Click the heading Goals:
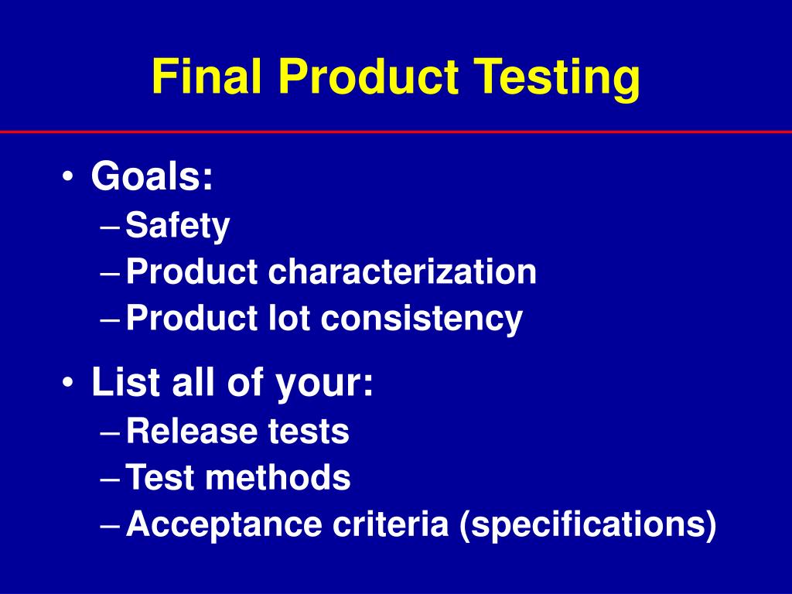(x=152, y=178)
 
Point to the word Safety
(x=178, y=227)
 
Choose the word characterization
(x=402, y=272)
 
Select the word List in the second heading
(x=117, y=383)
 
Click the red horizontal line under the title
(x=396, y=132)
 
